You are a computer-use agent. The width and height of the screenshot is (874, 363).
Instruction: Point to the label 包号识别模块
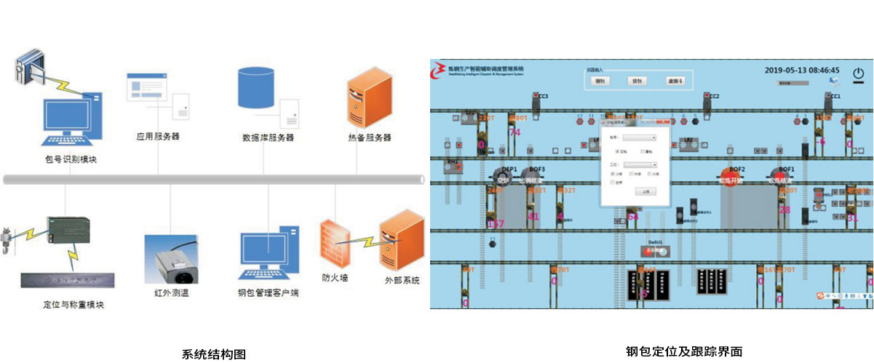pyautogui.click(x=66, y=160)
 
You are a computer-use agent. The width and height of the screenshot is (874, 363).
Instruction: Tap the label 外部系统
pyautogui.click(x=402, y=280)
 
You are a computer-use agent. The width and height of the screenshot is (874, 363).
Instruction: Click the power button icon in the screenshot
pyautogui.click(x=859, y=74)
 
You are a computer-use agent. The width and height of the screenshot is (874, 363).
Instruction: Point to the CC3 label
pyautogui.click(x=543, y=96)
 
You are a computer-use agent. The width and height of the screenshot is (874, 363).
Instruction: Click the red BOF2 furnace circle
pyautogui.click(x=729, y=177)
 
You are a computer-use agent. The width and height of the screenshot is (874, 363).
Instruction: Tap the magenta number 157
pyautogui.click(x=496, y=223)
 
